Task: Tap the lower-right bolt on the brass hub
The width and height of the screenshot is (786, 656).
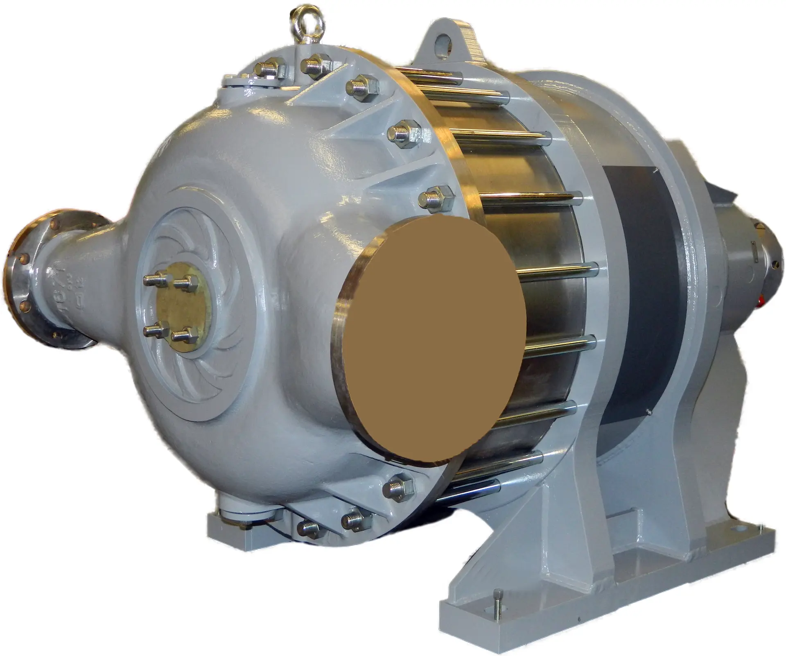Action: (181, 336)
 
